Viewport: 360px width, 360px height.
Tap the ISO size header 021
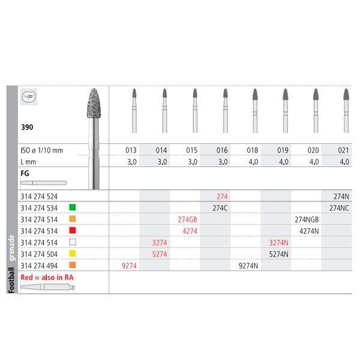345,149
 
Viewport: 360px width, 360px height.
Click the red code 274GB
188,219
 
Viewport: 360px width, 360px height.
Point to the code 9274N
248,265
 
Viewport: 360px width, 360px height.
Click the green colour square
72,208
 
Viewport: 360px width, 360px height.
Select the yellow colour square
72,253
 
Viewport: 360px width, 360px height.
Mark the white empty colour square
72,242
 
